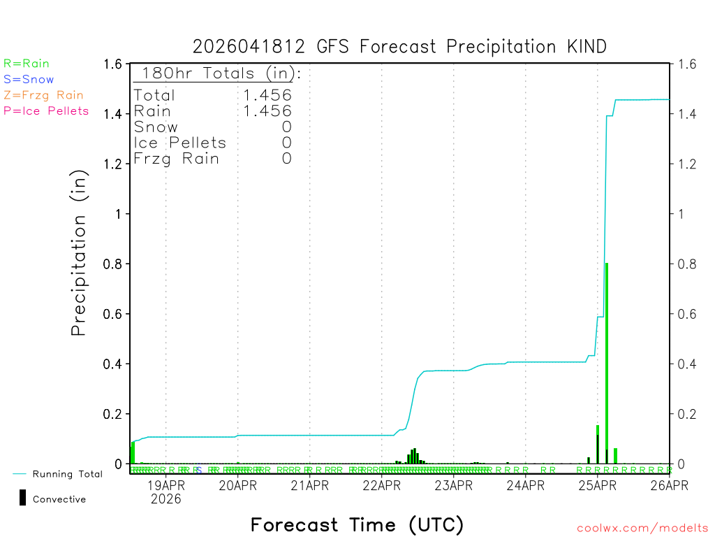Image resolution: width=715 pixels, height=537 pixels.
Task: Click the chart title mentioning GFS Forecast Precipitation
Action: click(x=399, y=47)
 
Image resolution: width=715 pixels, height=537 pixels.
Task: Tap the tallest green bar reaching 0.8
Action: click(x=607, y=364)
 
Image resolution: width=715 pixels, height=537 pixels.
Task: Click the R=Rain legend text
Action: click(x=27, y=64)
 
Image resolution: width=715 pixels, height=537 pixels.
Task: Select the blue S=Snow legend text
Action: click(x=29, y=80)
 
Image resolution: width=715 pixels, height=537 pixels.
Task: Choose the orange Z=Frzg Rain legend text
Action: click(x=43, y=95)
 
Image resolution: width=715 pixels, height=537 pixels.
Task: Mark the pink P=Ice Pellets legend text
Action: click(x=46, y=110)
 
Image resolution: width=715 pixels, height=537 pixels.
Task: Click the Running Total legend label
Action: click(x=67, y=474)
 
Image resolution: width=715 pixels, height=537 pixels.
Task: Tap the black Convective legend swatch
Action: click(x=22, y=497)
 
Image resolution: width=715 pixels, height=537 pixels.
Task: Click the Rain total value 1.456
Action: click(x=267, y=110)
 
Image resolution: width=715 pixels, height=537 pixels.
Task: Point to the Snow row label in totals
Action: click(x=156, y=127)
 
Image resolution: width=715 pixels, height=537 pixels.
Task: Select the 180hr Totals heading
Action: click(x=218, y=73)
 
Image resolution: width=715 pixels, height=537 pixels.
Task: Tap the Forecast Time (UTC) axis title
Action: click(x=357, y=524)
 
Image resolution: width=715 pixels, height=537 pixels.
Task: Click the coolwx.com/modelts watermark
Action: click(x=642, y=529)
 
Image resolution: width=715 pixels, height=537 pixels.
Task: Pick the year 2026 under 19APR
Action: click(x=165, y=499)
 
